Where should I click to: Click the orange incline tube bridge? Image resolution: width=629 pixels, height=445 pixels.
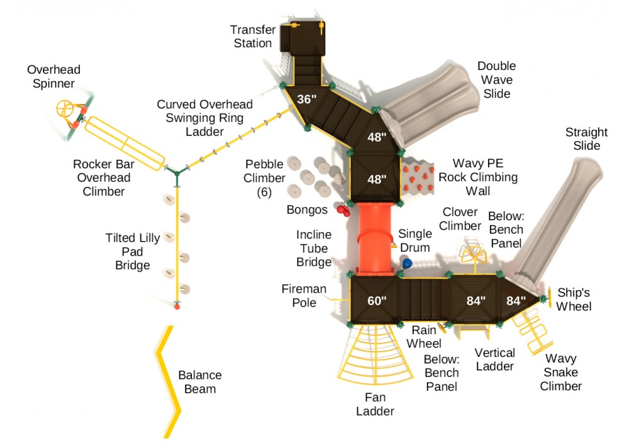(x=376, y=239)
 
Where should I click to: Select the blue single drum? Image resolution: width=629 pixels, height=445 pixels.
(x=407, y=264)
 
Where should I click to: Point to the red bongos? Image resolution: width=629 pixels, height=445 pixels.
(x=343, y=210)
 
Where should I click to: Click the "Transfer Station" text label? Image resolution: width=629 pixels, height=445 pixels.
(x=251, y=37)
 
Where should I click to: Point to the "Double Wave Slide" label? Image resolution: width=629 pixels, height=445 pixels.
(x=496, y=80)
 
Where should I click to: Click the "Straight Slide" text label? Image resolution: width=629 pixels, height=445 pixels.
(x=586, y=139)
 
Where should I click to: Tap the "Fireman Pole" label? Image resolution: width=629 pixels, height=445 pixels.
(x=304, y=296)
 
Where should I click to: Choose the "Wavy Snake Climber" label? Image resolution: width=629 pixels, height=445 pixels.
(x=560, y=372)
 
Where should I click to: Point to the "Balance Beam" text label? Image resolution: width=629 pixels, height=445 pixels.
(x=199, y=382)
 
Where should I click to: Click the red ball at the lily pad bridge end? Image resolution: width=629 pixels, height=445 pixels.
(x=177, y=307)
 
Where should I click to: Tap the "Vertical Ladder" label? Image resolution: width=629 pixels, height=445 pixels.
(x=494, y=359)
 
